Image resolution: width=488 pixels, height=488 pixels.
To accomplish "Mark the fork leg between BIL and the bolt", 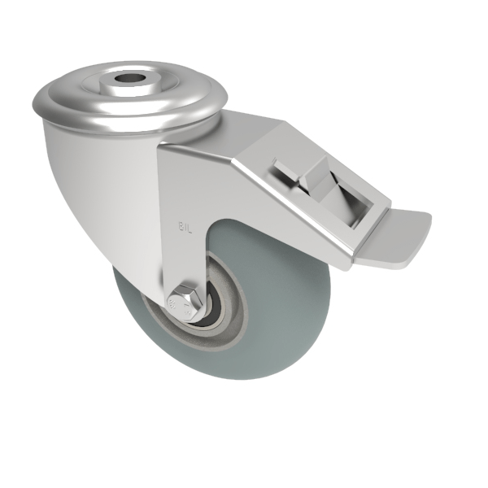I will [x=184, y=260].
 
